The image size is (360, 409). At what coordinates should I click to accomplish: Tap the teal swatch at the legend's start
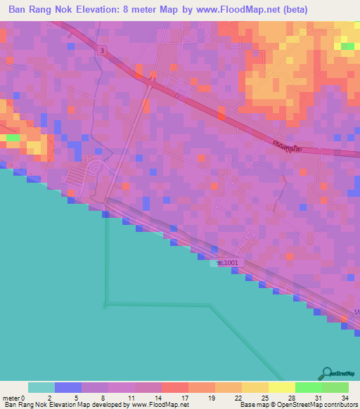[x=41, y=387]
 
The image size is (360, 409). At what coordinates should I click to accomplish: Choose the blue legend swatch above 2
[x=68, y=387]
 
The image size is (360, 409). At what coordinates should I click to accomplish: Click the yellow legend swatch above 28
[x=281, y=387]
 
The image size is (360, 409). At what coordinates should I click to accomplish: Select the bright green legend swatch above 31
[x=308, y=387]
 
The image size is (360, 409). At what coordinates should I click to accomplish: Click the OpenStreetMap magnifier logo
[x=327, y=373]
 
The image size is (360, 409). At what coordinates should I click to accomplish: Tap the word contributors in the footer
[x=338, y=405]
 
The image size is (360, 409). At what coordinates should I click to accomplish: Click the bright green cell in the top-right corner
[x=347, y=46]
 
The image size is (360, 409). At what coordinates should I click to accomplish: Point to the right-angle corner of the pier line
[x=105, y=304]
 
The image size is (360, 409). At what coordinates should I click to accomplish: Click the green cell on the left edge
[x=13, y=138]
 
